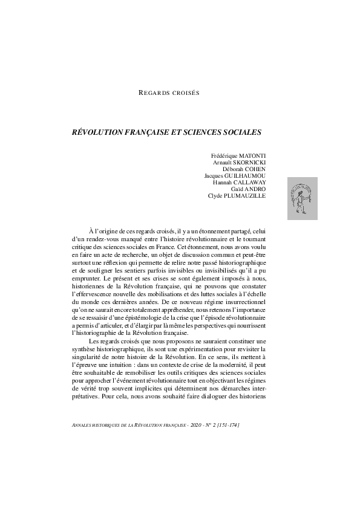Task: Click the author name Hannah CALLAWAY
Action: pos(239,183)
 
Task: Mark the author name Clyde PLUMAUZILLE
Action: pos(237,196)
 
